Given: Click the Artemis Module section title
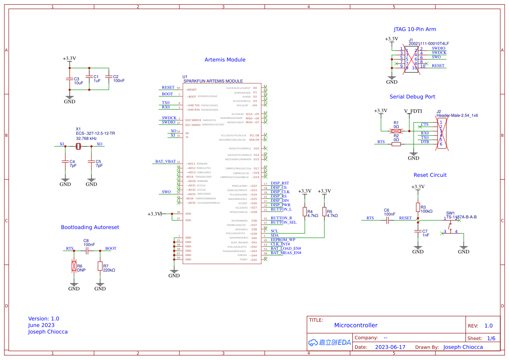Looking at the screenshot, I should [225, 60].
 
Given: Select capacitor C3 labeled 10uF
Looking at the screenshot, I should [69, 79].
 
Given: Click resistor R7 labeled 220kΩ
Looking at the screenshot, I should [100, 266].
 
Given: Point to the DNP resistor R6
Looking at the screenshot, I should [74, 266].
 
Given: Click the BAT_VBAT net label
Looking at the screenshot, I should [165, 161].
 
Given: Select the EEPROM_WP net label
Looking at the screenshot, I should [283, 239].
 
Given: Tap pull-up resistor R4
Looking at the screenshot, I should [305, 212].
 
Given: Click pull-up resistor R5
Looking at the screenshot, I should [324, 212].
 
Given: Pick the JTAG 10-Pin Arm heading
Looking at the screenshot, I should [415, 30].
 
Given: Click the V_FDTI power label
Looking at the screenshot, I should [413, 111].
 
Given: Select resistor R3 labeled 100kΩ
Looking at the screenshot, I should [418, 207].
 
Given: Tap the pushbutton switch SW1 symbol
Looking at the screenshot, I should [451, 226].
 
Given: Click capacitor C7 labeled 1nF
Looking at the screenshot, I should [418, 232].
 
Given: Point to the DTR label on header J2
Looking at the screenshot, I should [425, 142].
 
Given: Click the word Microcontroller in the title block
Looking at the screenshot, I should [356, 325].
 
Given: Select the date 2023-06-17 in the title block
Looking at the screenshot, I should [390, 347].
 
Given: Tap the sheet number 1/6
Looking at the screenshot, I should [491, 338].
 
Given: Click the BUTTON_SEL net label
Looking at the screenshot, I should [283, 222].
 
